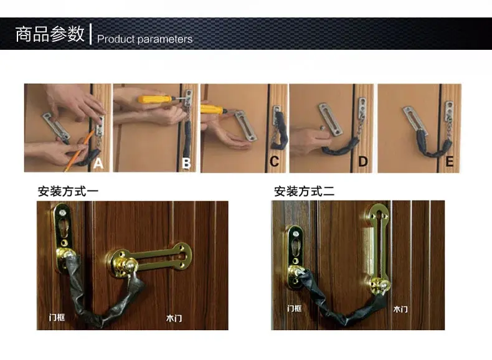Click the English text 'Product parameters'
[144, 39]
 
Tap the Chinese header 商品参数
[49, 34]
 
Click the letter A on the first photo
[98, 164]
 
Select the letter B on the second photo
[186, 164]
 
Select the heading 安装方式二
[304, 191]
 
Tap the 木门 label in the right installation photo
[400, 309]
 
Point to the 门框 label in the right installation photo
[295, 309]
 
